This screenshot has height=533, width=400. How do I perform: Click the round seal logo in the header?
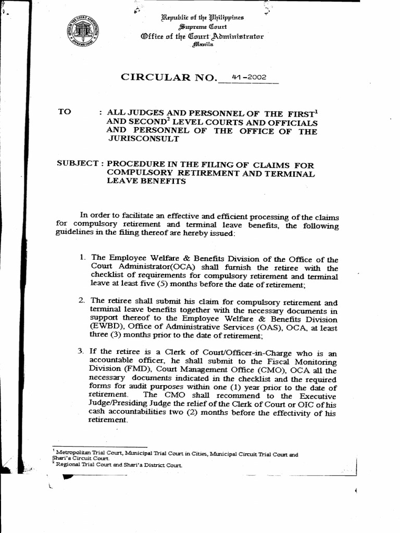87,31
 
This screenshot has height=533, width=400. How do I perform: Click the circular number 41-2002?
249,77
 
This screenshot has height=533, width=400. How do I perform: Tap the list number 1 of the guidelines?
82,257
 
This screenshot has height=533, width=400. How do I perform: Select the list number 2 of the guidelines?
82,300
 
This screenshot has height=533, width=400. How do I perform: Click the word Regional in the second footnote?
66,465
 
